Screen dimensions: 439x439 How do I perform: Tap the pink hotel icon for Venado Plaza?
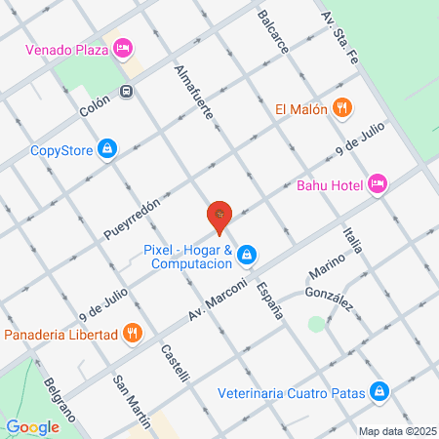(x=123, y=48)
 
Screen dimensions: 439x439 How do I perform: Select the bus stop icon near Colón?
(x=127, y=92)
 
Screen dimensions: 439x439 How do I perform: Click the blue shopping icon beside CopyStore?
(x=108, y=149)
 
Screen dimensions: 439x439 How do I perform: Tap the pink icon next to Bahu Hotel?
(x=378, y=184)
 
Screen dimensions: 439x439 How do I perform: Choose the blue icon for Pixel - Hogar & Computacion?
(x=248, y=256)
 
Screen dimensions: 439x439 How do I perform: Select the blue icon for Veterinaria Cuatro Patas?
(x=379, y=393)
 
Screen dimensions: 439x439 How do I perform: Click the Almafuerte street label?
(x=193, y=94)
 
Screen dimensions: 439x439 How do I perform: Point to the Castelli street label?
(x=175, y=363)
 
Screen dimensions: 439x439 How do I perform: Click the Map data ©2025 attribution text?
(x=397, y=431)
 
